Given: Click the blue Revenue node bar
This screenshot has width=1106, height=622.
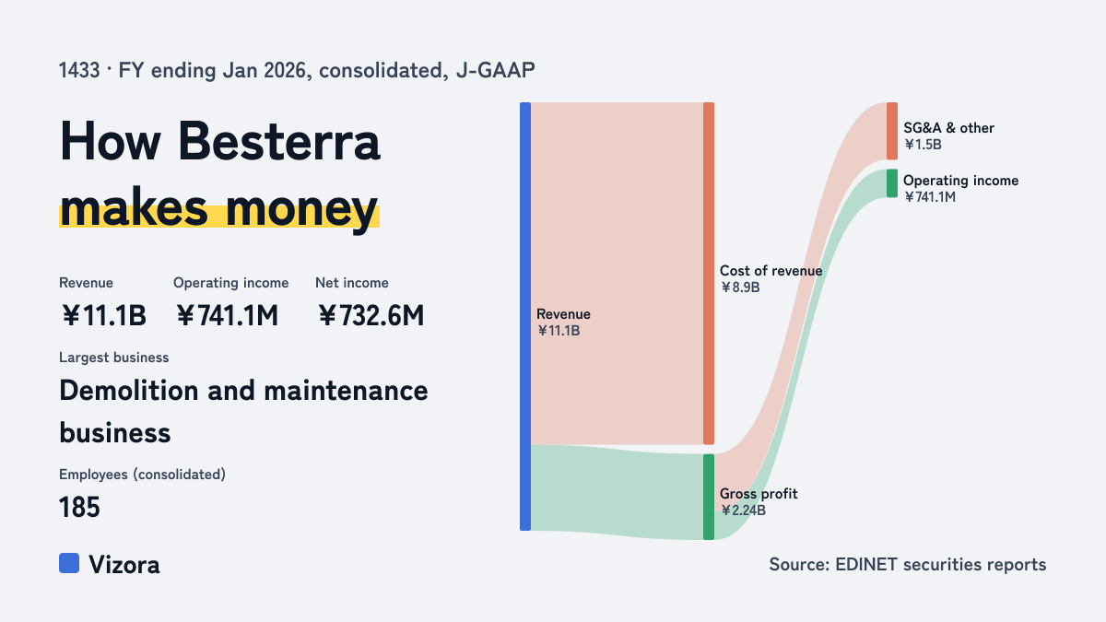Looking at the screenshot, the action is [x=525, y=316].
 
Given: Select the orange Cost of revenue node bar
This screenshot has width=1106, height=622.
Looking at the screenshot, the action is [x=709, y=274].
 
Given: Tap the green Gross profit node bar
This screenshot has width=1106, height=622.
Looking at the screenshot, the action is [x=709, y=497].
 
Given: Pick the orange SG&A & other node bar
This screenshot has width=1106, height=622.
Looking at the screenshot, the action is [x=892, y=131].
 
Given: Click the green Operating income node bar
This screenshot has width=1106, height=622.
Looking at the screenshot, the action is [x=892, y=183].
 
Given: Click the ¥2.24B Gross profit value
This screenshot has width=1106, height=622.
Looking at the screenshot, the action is [x=743, y=511].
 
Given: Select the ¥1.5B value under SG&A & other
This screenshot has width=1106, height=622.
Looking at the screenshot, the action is [x=923, y=145].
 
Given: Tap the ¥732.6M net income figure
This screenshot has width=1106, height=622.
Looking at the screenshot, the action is [x=371, y=315].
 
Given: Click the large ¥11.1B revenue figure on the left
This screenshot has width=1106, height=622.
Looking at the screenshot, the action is [x=103, y=315].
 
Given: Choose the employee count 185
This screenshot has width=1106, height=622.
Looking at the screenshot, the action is [x=79, y=507].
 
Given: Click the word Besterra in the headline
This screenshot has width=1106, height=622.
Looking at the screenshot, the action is [x=279, y=141].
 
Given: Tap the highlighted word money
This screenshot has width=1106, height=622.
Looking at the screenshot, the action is [x=301, y=209].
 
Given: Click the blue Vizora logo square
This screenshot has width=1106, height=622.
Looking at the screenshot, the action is [x=69, y=563].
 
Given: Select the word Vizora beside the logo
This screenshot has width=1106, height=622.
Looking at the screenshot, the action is [x=124, y=565].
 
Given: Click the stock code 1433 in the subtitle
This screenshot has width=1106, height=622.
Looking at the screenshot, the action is [x=79, y=70].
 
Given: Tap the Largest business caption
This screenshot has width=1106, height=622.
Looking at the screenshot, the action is [x=114, y=358].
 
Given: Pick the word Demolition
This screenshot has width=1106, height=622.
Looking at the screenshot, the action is [x=129, y=391].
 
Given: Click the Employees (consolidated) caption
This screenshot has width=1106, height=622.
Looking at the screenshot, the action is [x=142, y=475].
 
